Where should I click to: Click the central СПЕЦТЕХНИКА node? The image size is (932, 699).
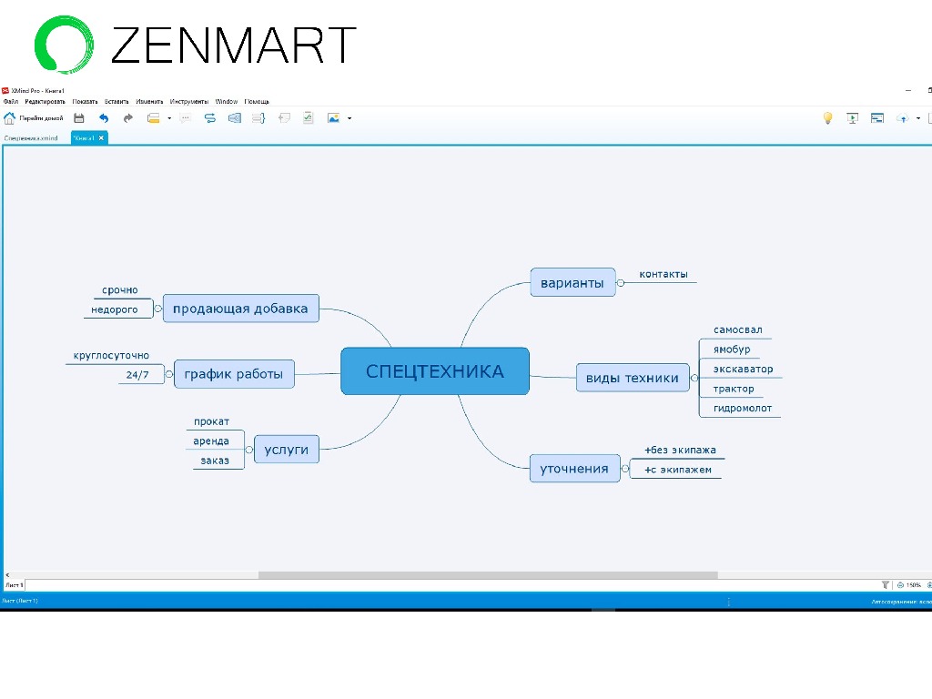click(x=434, y=371)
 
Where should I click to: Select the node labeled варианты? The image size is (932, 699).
click(x=572, y=282)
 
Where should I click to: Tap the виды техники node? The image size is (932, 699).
click(x=632, y=378)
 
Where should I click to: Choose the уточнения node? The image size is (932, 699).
click(x=573, y=469)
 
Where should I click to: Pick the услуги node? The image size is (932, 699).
click(x=286, y=449)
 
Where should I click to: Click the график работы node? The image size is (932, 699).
click(x=233, y=373)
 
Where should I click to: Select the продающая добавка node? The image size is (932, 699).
click(x=240, y=308)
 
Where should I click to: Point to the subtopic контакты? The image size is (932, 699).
click(x=663, y=274)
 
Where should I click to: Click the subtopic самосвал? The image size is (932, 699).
click(x=737, y=329)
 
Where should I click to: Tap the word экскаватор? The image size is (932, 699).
click(x=743, y=369)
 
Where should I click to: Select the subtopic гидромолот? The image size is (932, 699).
click(x=742, y=408)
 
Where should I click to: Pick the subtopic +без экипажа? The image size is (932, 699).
click(x=680, y=450)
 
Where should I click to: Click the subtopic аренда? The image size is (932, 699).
click(x=211, y=441)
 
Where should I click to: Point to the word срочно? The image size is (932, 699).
click(x=120, y=289)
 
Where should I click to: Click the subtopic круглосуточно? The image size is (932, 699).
click(x=111, y=355)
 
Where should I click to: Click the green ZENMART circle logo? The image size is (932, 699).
click(x=63, y=44)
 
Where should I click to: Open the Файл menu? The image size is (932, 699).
click(x=10, y=102)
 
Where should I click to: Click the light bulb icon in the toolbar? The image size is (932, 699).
click(x=827, y=117)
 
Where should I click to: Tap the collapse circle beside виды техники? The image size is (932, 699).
click(x=694, y=378)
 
